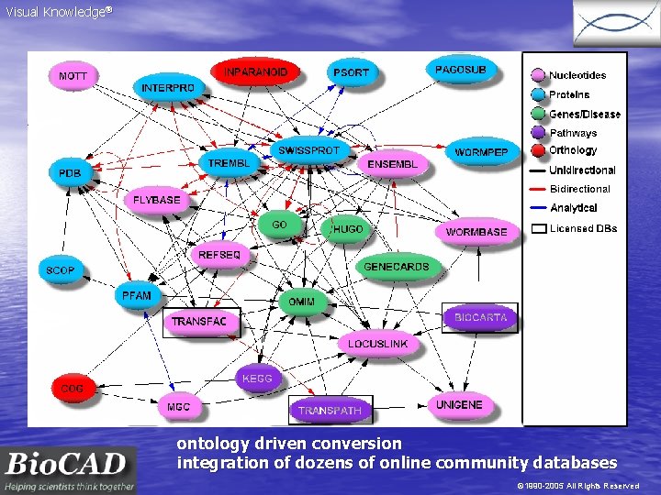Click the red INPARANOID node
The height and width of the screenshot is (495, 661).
(x=256, y=71)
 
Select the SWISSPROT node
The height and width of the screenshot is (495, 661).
(x=308, y=150)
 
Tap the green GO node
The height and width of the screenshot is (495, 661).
(x=279, y=225)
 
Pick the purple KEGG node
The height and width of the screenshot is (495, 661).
(x=257, y=378)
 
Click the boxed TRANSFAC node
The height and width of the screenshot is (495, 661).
(x=199, y=322)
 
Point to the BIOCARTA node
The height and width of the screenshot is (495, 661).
(x=480, y=318)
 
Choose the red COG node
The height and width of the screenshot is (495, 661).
(x=73, y=389)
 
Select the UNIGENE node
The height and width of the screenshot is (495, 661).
(x=459, y=404)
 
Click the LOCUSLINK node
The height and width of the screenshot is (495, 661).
(x=377, y=344)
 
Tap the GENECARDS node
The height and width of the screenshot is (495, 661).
(x=396, y=267)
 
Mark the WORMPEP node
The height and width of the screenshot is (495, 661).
(x=481, y=152)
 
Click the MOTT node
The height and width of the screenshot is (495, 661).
(x=73, y=76)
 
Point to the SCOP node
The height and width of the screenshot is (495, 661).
(x=61, y=270)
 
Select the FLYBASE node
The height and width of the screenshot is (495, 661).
(x=157, y=200)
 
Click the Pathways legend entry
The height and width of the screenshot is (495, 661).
(x=572, y=133)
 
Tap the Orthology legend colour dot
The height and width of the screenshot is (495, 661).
(x=538, y=150)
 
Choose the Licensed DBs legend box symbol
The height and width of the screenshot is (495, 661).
(x=538, y=228)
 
